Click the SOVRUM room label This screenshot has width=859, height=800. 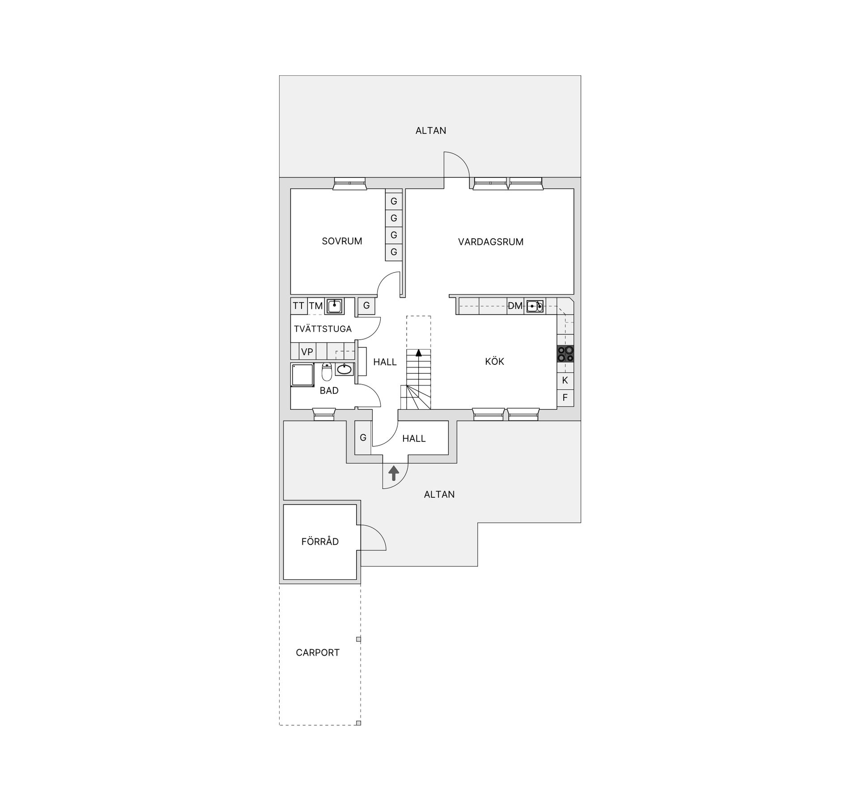pyautogui.click(x=342, y=241)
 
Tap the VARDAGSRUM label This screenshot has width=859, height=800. pyautogui.click(x=490, y=242)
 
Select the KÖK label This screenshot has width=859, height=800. pyautogui.click(x=494, y=362)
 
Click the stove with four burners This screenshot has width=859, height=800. pyautogui.click(x=566, y=354)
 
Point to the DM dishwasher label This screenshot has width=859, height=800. pyautogui.click(x=515, y=306)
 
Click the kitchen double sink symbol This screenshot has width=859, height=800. pyautogui.click(x=535, y=306)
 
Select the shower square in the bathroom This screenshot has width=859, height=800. pyautogui.click(x=303, y=375)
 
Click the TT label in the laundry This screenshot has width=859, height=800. pyautogui.click(x=298, y=306)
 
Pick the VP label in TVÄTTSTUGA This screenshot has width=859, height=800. pyautogui.click(x=307, y=352)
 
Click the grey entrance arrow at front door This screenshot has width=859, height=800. pyautogui.click(x=394, y=473)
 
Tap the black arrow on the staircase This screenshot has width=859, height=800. pyautogui.click(x=419, y=353)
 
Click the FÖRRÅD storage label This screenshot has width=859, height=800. pyautogui.click(x=320, y=542)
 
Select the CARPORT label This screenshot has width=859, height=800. pyautogui.click(x=318, y=653)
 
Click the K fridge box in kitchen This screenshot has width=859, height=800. pyautogui.click(x=565, y=381)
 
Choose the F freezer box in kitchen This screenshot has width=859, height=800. pyautogui.click(x=565, y=398)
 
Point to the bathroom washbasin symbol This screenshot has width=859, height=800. pyautogui.click(x=344, y=369)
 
